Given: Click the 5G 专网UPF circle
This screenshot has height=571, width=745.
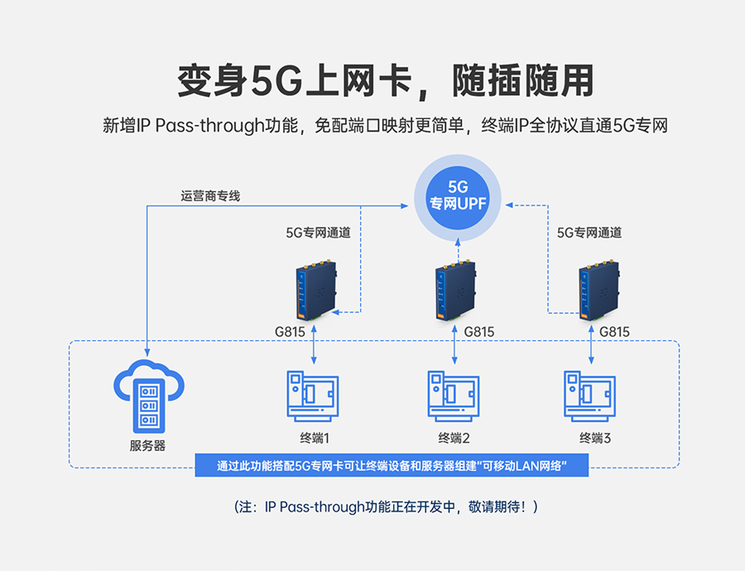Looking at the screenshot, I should pyautogui.click(x=457, y=195).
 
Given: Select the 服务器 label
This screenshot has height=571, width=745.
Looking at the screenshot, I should pyautogui.click(x=147, y=445).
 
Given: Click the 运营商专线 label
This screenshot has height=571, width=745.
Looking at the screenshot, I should pyautogui.click(x=210, y=197).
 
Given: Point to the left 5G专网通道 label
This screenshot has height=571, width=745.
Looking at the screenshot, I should pyautogui.click(x=318, y=233).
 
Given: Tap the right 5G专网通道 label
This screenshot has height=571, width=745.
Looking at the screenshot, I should pyautogui.click(x=589, y=233).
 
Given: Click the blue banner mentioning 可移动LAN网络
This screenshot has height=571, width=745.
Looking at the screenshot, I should pyautogui.click(x=391, y=465).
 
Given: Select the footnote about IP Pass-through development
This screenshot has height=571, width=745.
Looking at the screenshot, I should pyautogui.click(x=386, y=506).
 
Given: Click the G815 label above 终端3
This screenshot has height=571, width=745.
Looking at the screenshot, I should pyautogui.click(x=614, y=332).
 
